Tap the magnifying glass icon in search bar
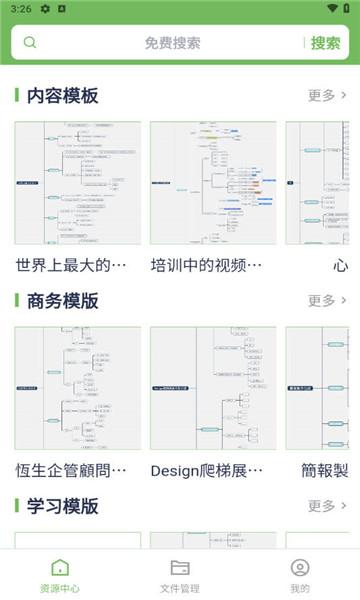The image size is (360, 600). coord(30,43)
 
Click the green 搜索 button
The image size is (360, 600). coord(325,43)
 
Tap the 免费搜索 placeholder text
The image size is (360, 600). coord(172,43)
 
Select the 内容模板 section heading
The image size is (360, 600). coord(62,96)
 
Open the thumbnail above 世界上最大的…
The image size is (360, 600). coord(78,183)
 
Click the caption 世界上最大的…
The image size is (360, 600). coord(72,265)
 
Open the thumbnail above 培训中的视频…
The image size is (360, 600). coord(213,183)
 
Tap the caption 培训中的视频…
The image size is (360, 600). coord(207,265)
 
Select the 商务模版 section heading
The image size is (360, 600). coord(62,301)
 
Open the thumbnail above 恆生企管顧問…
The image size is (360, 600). coord(78,388)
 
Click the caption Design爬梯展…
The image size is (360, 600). coord(207,470)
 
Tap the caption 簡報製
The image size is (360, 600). coord(324,470)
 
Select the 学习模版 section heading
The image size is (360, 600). coord(62,506)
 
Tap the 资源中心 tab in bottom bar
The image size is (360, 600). coord(60,576)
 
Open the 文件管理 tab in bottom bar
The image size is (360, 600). coord(180,576)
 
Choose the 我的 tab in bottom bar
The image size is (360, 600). coord(300,576)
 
